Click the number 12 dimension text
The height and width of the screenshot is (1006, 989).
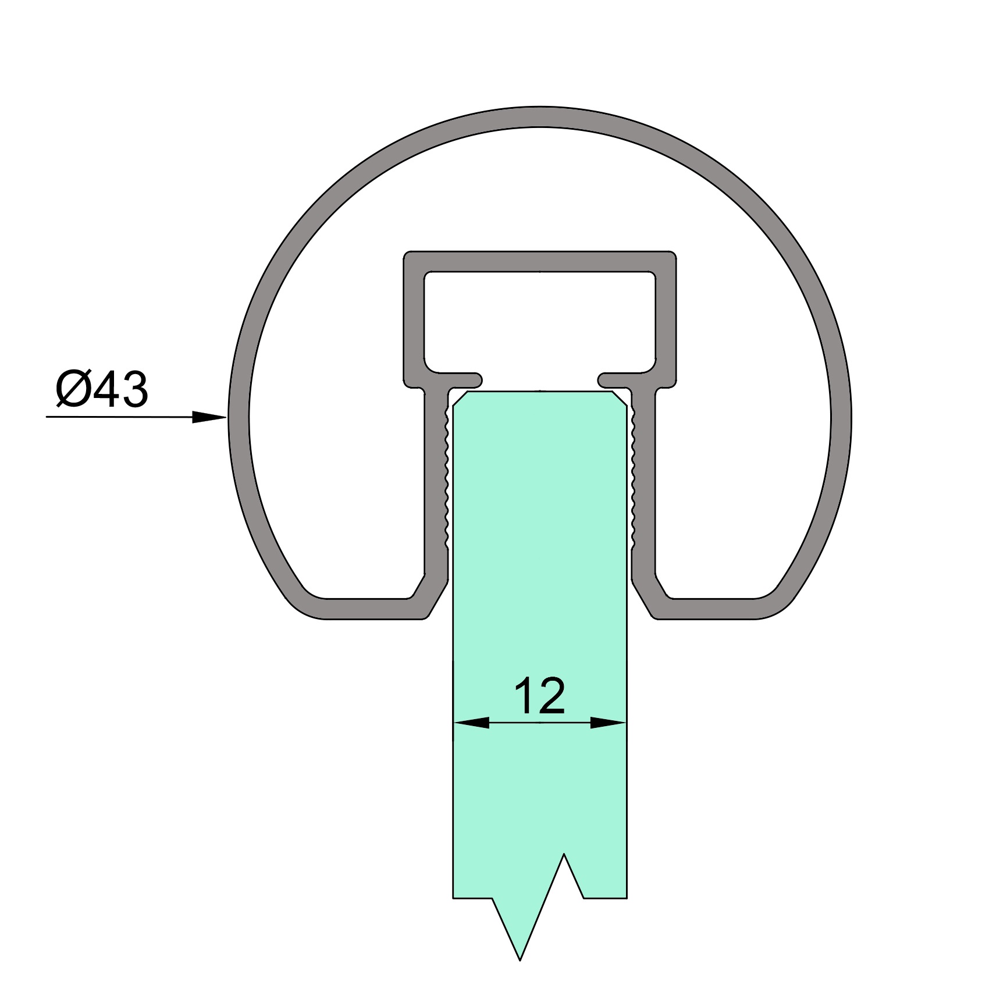pos(539,695)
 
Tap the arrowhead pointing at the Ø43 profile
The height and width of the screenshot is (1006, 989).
pos(209,417)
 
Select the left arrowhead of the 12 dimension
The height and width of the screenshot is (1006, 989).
pos(471,723)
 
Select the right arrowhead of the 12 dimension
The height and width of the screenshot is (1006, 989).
pos(608,723)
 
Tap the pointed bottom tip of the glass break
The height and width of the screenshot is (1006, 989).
pos(520,961)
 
